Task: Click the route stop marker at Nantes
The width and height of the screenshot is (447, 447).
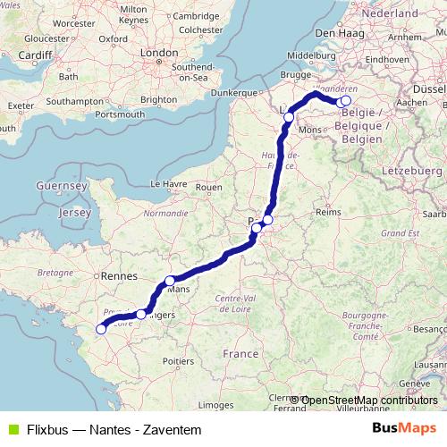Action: [x=101, y=329]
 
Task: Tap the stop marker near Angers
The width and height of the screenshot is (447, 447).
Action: [x=141, y=314]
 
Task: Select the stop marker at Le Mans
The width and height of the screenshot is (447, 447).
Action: [x=170, y=282]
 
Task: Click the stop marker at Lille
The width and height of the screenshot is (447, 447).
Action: [x=288, y=116]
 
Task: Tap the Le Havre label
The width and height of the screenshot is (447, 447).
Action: [x=167, y=183]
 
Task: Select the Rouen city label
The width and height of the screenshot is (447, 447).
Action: [x=208, y=187]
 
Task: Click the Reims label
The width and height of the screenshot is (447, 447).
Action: [x=330, y=213]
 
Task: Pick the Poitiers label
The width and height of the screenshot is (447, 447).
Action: [x=179, y=360]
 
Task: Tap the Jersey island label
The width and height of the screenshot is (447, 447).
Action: [x=73, y=214]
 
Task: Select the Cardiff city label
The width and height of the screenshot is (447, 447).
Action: [x=34, y=55]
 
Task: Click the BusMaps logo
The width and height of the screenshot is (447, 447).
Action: [x=404, y=429]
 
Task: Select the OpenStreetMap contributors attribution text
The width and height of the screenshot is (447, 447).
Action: [x=369, y=400]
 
